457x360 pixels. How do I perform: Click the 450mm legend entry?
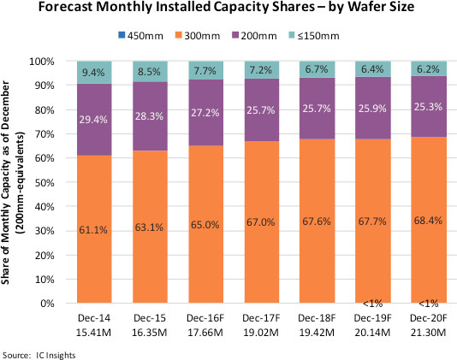(x=140, y=36)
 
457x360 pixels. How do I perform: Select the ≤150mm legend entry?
(x=313, y=36)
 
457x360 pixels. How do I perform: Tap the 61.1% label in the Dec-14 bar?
(x=93, y=230)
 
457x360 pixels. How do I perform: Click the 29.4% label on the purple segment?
(x=93, y=120)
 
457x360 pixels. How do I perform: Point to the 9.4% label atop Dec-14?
(x=93, y=72)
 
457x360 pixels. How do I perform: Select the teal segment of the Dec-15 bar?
(x=150, y=72)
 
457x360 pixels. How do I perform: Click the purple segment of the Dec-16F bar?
(x=206, y=113)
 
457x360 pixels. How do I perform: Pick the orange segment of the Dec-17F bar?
(x=262, y=222)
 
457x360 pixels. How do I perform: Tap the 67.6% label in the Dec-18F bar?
(x=317, y=221)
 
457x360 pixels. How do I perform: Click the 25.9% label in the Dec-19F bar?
(x=372, y=109)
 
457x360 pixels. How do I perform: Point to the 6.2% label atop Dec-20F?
(x=428, y=69)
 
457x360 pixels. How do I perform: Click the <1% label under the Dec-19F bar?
(x=373, y=304)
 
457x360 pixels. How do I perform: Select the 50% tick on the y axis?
(x=45, y=183)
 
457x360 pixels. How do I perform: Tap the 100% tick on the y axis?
(x=42, y=62)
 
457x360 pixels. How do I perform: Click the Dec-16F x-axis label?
(x=205, y=318)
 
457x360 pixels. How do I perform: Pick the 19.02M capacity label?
(x=261, y=333)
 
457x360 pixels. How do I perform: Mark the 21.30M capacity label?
(x=429, y=333)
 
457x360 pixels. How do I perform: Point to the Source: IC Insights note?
(x=39, y=356)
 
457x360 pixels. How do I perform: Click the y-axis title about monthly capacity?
(x=13, y=182)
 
